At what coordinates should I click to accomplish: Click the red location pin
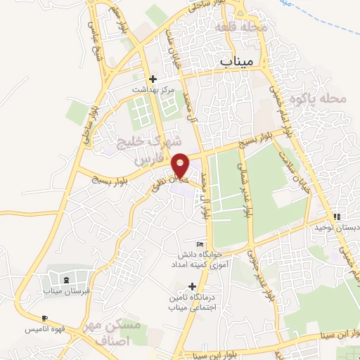coord(181,165)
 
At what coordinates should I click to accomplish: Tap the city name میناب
coord(236,62)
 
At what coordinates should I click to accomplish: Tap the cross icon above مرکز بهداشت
coord(153,79)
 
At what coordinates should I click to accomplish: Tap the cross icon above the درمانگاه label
coord(192,286)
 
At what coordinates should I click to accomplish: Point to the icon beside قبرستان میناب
coord(66,281)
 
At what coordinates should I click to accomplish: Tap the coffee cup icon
coord(46,319)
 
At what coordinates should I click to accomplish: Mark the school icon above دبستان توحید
coord(337,217)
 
